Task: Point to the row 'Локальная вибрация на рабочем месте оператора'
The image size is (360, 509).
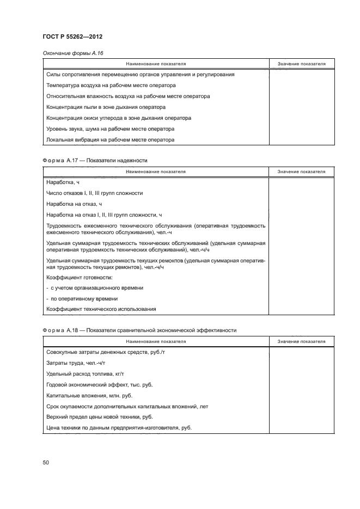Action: (111, 140)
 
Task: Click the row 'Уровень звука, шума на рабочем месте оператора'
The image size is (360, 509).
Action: (111, 129)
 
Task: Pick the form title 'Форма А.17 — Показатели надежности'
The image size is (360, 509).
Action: (95, 161)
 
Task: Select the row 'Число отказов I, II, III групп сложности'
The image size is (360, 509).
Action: (95, 193)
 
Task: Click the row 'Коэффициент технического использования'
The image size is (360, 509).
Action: (101, 309)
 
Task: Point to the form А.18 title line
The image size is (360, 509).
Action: (139, 330)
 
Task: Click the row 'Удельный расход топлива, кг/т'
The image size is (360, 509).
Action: (86, 374)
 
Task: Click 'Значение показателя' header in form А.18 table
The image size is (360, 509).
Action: (301, 341)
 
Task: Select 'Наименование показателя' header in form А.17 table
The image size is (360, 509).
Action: (156, 171)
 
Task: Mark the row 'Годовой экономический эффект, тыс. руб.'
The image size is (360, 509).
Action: (100, 385)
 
